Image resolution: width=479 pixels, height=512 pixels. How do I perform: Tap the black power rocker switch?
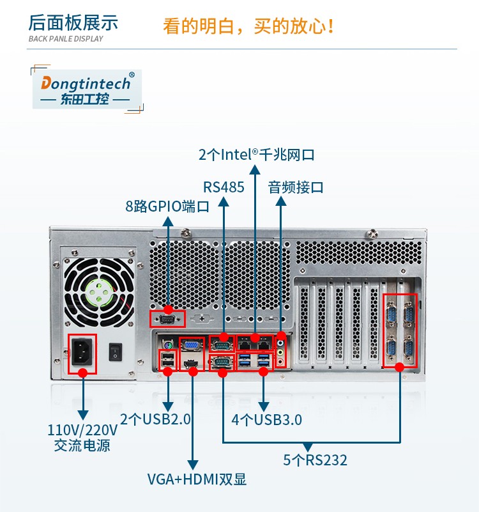click(x=115, y=351)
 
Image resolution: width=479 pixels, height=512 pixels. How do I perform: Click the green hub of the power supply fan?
click(x=99, y=293)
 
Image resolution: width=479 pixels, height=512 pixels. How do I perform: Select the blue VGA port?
click(x=191, y=345)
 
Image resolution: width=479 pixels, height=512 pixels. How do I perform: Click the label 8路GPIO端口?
click(x=167, y=206)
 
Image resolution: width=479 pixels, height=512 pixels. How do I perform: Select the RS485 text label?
click(x=224, y=188)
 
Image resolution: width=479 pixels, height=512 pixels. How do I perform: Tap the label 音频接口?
click(x=295, y=188)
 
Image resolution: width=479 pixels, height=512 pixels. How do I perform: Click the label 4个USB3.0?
click(x=266, y=420)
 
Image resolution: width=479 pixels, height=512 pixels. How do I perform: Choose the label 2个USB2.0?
click(x=156, y=420)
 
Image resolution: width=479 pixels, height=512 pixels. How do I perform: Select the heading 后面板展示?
click(x=73, y=23)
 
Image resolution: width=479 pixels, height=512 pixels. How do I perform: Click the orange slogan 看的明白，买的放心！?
click(x=249, y=27)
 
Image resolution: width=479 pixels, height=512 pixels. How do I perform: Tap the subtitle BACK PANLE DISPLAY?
click(x=66, y=39)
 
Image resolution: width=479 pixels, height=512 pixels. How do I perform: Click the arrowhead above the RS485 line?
click(x=224, y=201)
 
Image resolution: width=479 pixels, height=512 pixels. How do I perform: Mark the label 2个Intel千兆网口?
click(x=256, y=155)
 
